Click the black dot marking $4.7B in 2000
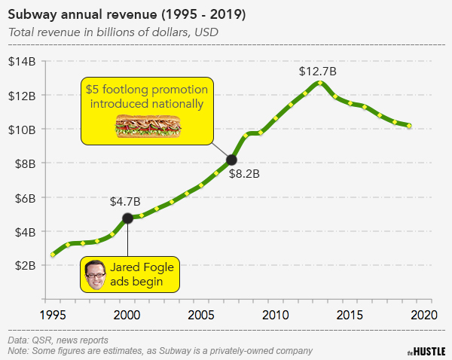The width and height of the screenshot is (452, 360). pos(127,218)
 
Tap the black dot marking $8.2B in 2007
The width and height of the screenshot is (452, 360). pos(231,159)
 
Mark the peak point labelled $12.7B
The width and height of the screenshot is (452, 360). pos(320,83)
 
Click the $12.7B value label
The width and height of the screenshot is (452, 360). pos(317,71)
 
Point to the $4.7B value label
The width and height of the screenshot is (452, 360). pos(125,201)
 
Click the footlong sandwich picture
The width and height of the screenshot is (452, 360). pos(147,126)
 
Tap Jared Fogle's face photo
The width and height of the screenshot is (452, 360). pos(94,274)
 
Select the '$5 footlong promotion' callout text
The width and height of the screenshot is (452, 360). pos(146,90)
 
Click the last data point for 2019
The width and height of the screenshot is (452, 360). pos(409,125)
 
